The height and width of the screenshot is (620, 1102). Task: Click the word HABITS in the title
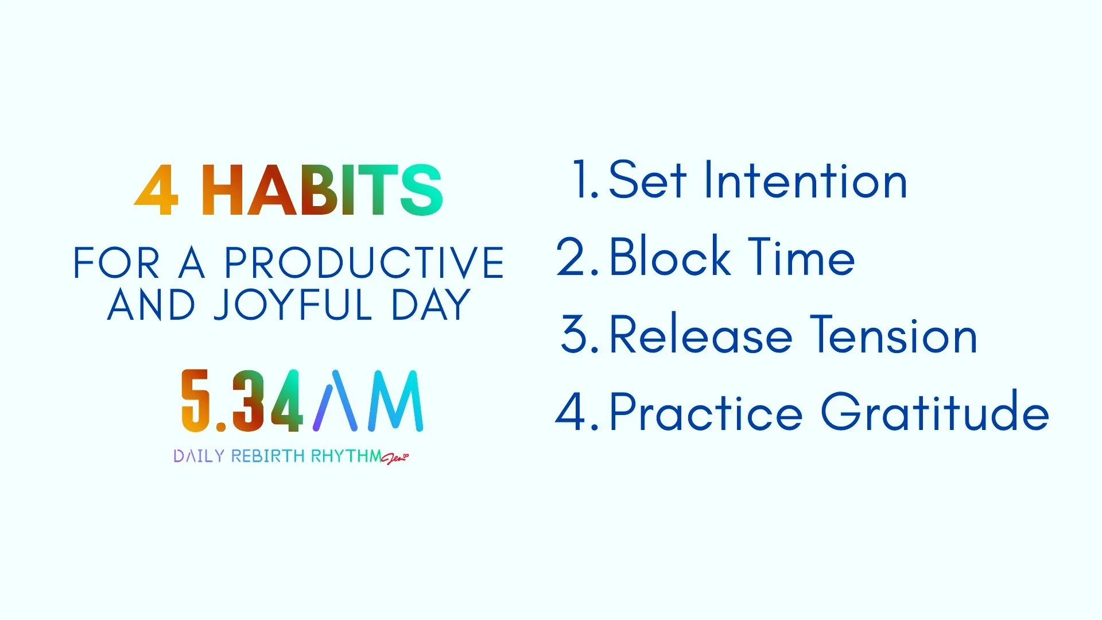321,190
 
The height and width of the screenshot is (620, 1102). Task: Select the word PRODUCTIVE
364,263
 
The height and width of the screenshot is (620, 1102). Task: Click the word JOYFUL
293,305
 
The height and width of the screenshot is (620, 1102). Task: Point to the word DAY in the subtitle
430,305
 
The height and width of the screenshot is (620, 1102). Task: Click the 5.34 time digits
242,401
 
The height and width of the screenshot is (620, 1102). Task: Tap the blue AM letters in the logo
368,401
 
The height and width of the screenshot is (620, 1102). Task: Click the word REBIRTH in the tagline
267,456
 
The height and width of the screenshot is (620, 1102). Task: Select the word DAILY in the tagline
199,456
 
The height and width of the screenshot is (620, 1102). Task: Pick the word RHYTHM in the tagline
346,456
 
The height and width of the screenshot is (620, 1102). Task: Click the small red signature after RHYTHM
395,458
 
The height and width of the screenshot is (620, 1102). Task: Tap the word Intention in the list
805,181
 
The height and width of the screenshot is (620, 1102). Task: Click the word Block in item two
669,257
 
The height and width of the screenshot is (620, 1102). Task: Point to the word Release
700,335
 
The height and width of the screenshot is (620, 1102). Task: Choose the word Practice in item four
705,412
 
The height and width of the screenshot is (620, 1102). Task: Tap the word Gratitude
935,412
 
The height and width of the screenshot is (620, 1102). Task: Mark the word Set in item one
647,181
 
